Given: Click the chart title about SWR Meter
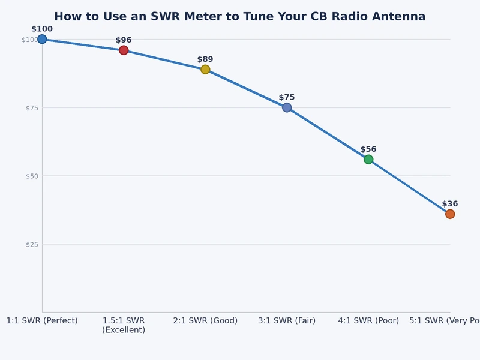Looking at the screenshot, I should [240, 17].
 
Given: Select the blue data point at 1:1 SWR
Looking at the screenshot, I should [42, 39].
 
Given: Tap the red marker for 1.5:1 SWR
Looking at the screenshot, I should [124, 50].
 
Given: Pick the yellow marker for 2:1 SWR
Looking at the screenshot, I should [205, 69].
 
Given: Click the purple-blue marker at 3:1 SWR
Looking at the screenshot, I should [287, 107].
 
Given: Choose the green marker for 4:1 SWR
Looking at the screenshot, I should [368, 159].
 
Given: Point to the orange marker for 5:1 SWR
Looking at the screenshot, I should [449, 214].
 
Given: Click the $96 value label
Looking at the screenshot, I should [124, 40].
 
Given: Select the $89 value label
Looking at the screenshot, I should [205, 59].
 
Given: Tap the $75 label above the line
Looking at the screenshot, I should [287, 97].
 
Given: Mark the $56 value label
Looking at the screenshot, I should [368, 149].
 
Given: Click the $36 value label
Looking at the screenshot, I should [449, 204].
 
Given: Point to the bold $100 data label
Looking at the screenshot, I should [42, 29].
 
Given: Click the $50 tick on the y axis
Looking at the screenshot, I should [31, 176].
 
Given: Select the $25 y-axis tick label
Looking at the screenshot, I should [31, 244].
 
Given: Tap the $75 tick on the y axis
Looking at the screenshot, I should [31, 108].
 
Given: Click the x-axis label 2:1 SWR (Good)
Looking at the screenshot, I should [205, 320].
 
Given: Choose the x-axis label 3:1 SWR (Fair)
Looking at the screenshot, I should [287, 320].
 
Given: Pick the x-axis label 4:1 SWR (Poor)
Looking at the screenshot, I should [368, 320].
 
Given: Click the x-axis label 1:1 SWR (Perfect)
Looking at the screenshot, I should [42, 320].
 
